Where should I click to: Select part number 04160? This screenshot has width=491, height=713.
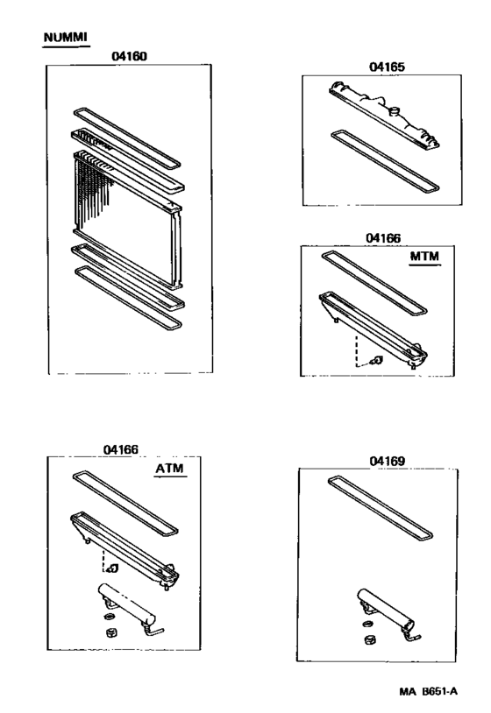click(x=128, y=57)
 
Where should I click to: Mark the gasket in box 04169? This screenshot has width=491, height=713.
click(x=381, y=508)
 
